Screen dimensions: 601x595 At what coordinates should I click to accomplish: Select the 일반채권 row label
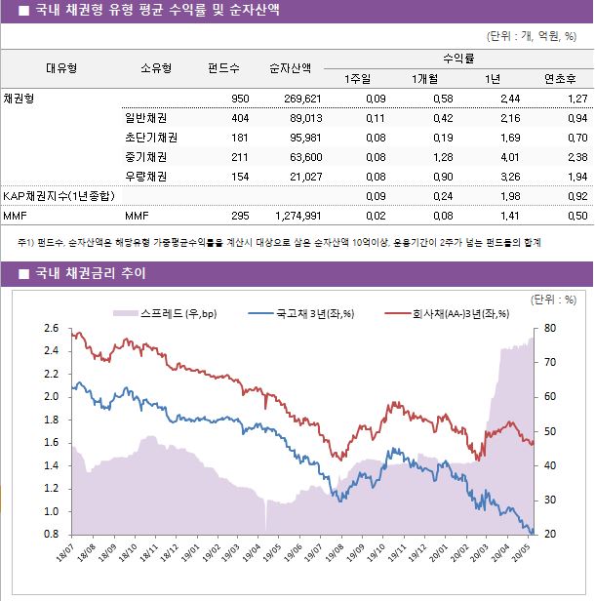pyautogui.click(x=145, y=118)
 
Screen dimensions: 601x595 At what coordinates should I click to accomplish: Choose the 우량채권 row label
pyautogui.click(x=145, y=177)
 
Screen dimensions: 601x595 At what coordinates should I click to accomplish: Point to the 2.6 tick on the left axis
pyautogui.click(x=51, y=328)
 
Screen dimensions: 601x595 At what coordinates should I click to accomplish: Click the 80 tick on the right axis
pyautogui.click(x=551, y=328)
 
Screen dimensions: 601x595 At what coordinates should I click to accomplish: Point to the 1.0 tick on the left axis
pyautogui.click(x=51, y=511)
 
